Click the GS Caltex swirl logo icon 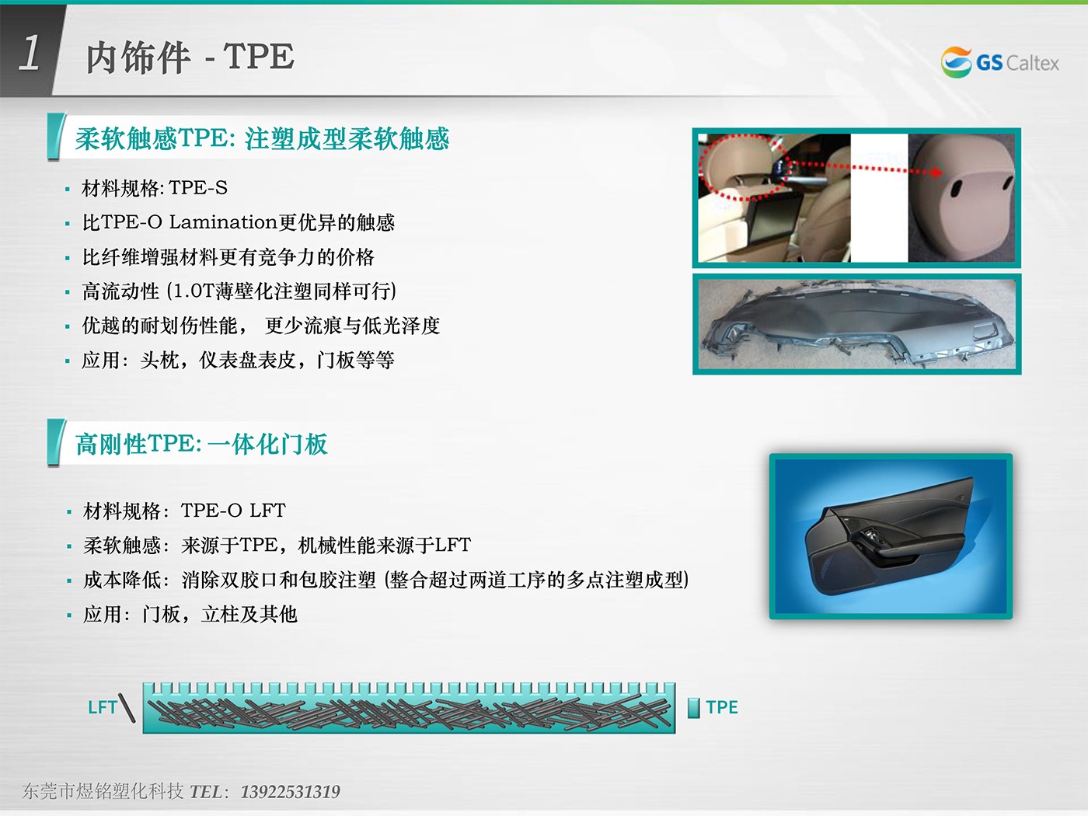(956, 62)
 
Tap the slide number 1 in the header (30, 52)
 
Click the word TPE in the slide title (259, 56)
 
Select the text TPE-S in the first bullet (198, 188)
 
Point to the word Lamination (222, 222)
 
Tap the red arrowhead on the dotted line (936, 173)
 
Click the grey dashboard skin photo (857, 324)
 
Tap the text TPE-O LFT (233, 511)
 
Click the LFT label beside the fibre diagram (102, 707)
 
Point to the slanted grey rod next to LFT (127, 707)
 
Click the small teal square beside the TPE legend (693, 707)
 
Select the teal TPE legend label (722, 707)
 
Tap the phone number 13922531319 (291, 792)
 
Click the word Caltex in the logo (1033, 63)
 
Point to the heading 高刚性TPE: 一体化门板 (201, 444)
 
